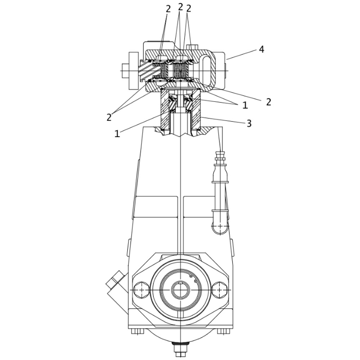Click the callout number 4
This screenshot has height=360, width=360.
pos(261,49)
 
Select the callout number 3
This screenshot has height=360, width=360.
pos(249,123)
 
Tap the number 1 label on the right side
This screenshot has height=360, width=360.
pos(245,105)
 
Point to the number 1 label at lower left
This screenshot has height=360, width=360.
pos(117,134)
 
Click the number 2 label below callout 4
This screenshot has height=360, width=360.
pos(269,102)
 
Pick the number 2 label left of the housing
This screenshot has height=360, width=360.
pos(109,117)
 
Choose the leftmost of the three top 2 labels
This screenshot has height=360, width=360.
pos(168,9)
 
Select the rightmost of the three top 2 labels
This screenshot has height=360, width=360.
pos(189,8)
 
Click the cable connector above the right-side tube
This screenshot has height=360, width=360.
pos(220,158)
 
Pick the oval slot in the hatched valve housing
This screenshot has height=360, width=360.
pos(208,70)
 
